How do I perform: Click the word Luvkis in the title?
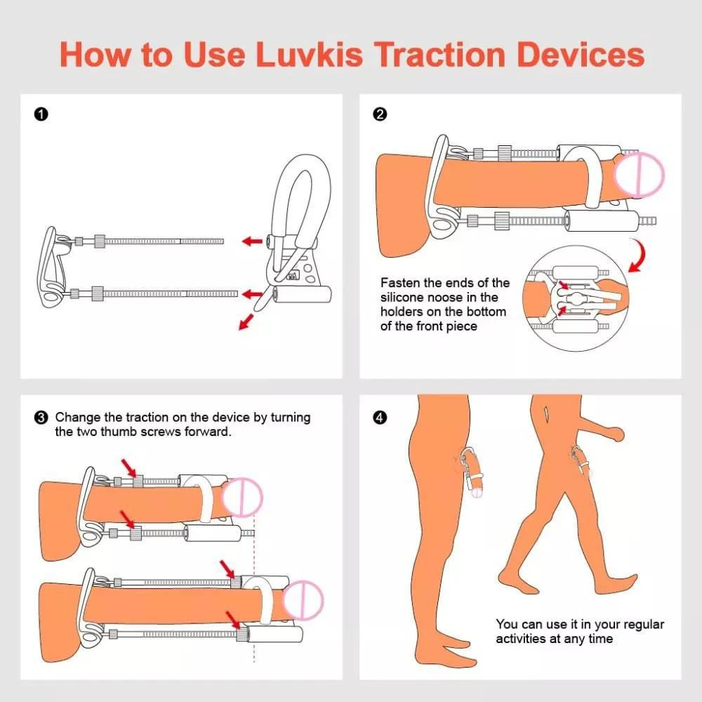[309, 54]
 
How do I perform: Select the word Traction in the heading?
[439, 54]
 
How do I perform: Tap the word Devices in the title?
[581, 54]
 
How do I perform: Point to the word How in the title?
[95, 54]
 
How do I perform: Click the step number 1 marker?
[41, 114]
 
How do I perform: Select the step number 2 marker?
[380, 114]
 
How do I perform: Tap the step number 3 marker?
[40, 418]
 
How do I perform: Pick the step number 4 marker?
[380, 418]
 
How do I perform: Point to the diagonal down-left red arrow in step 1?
[246, 322]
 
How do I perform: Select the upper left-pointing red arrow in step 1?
[252, 241]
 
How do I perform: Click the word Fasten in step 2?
[399, 283]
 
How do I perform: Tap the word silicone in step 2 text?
[403, 297]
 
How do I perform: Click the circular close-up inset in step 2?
[576, 298]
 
